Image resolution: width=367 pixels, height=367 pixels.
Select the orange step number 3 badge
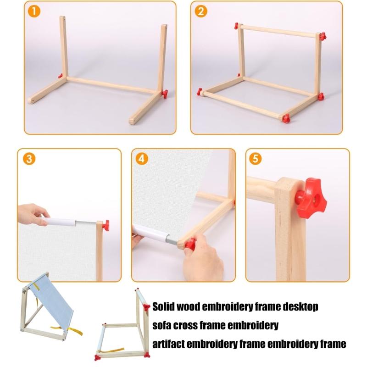pos(29,159)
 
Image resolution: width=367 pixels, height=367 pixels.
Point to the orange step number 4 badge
pos(143,159)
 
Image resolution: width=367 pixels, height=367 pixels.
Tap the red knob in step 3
pos(106,225)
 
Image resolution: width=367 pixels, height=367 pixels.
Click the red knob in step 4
pos(189,244)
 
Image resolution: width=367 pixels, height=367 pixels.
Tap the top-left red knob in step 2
pos(237,26)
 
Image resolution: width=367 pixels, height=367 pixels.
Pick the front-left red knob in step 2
pos(200,92)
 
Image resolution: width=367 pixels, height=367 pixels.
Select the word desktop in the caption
pos(301,306)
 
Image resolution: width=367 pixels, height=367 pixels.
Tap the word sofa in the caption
pos(162,325)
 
